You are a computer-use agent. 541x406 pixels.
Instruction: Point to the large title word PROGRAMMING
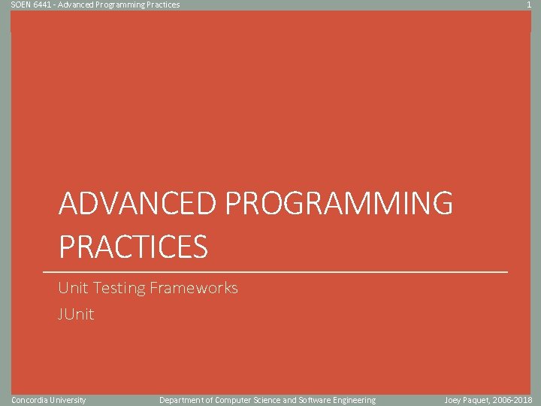coord(339,204)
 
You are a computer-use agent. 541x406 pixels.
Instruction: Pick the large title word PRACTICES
coord(133,247)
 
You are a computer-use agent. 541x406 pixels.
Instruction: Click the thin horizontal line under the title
coord(275,271)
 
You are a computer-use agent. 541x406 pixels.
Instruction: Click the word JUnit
coord(76,314)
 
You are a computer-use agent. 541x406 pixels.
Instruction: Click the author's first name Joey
coord(453,400)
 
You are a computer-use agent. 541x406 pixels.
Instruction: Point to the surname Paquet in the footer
coord(479,400)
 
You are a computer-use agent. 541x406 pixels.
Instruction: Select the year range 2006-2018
coord(514,400)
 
